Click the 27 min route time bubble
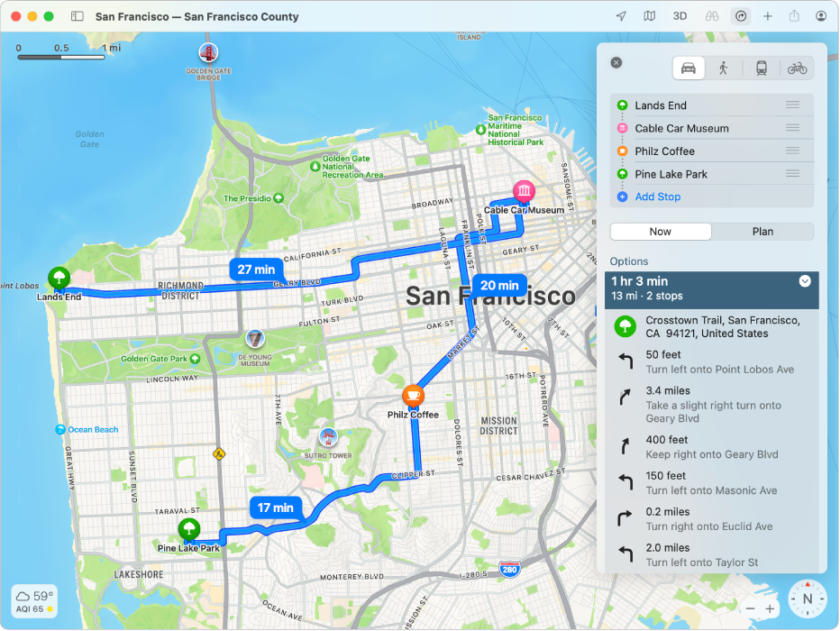click(256, 269)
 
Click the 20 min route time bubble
click(499, 285)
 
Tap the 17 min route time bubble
click(275, 508)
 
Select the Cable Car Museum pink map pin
click(523, 191)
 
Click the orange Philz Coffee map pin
click(413, 395)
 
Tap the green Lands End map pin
click(59, 277)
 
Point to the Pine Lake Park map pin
click(188, 529)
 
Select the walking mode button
click(723, 68)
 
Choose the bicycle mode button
click(797, 68)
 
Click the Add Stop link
click(657, 197)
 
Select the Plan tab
click(762, 232)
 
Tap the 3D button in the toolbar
click(680, 16)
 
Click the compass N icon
click(808, 599)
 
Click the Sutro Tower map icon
click(329, 437)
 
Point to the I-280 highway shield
click(509, 570)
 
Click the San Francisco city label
click(489, 296)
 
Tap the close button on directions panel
click(616, 63)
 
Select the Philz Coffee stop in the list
click(665, 151)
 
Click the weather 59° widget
click(35, 599)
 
